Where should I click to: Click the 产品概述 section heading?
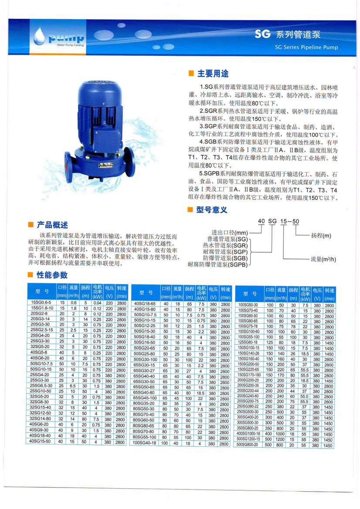point(52,225)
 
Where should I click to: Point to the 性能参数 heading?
point(52,275)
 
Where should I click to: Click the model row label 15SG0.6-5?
point(41,302)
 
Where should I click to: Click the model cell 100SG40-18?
point(145,444)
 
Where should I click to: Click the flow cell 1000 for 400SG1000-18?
point(279,434)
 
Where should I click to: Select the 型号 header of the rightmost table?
point(249,293)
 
